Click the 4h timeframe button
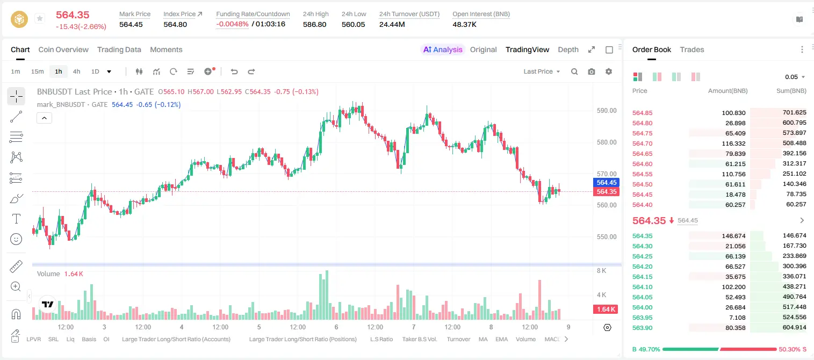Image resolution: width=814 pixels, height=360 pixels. (76, 71)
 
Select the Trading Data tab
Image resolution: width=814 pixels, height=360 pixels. (119, 49)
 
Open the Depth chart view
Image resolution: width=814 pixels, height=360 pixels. (568, 49)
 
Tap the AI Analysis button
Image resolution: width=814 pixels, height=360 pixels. (443, 49)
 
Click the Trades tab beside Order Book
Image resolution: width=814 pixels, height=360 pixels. (692, 49)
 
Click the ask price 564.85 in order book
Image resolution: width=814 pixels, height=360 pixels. (642, 113)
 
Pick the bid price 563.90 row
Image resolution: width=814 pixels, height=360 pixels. (642, 328)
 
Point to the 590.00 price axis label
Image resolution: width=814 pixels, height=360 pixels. (607, 111)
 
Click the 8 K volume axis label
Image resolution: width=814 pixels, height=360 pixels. (601, 271)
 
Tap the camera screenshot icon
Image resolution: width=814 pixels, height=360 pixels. (592, 71)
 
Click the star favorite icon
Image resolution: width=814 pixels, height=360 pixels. (40, 18)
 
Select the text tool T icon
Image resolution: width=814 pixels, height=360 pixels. (16, 219)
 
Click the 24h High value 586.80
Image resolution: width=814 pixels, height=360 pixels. (315, 24)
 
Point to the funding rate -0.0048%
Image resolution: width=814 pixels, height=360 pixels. (232, 24)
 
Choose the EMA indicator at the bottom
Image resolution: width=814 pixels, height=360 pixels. (501, 339)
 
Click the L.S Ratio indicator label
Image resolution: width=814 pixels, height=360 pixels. (381, 339)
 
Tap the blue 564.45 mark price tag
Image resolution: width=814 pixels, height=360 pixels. (606, 182)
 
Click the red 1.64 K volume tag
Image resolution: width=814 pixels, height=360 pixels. (606, 309)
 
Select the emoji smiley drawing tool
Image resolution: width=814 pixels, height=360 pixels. (16, 239)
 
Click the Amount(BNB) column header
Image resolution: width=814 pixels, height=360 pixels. (727, 91)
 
